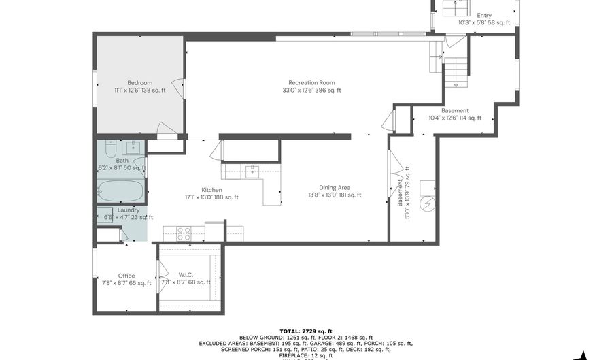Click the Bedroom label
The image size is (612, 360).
pyautogui.click(x=139, y=82)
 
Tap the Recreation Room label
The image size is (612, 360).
pyautogui.click(x=311, y=82)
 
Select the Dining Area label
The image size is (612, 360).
pyautogui.click(x=335, y=188)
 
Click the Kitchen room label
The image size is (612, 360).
pyautogui.click(x=211, y=190)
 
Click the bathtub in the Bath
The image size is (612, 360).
pyautogui.click(x=121, y=190)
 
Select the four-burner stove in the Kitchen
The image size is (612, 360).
pyautogui.click(x=184, y=233)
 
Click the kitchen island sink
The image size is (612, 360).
pyautogui.click(x=253, y=169)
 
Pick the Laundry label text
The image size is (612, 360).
pyautogui.click(x=129, y=210)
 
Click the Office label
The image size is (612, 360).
pyautogui.click(x=126, y=276)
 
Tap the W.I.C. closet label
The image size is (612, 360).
pyautogui.click(x=186, y=275)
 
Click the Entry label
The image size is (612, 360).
pyautogui.click(x=483, y=15)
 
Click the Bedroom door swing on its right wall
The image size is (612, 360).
pyautogui.click(x=177, y=88)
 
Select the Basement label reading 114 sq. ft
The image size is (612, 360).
pyautogui.click(x=454, y=110)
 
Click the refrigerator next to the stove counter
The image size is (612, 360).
pyautogui.click(x=214, y=232)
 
